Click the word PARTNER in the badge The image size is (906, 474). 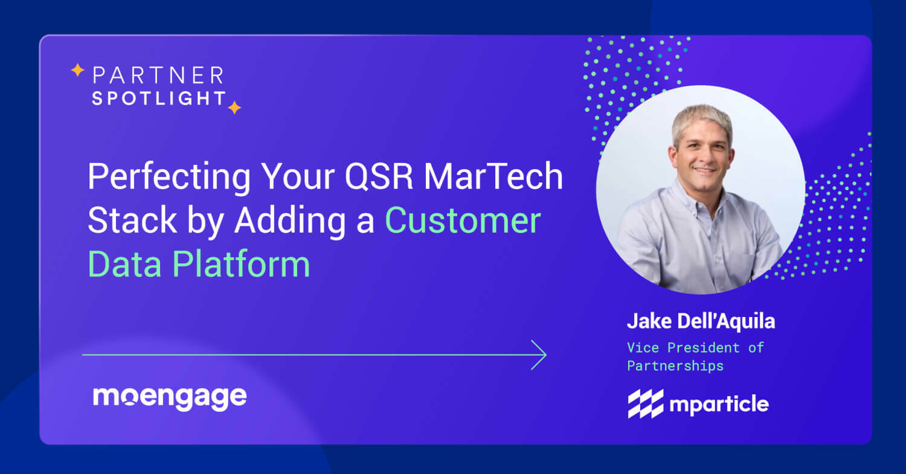[x=158, y=75]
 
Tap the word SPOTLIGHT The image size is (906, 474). [x=159, y=98]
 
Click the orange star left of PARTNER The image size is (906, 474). [x=77, y=71]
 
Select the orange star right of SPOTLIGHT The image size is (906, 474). [x=234, y=107]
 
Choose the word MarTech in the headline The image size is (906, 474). [x=493, y=178]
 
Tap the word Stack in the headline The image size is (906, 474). [x=131, y=220]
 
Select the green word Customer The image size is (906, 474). [x=463, y=220]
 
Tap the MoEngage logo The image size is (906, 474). [x=170, y=398]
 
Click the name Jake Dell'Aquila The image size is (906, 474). [x=701, y=321]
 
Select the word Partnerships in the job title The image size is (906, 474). [x=675, y=366]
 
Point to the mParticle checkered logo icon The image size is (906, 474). [x=646, y=403]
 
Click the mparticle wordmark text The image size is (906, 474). [x=719, y=404]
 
